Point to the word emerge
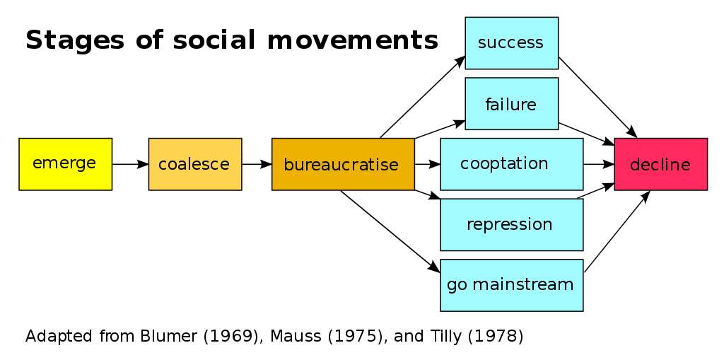pos(64,163)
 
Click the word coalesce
pos(194,165)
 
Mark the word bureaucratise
pos(341,165)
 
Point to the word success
pos(510,42)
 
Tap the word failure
pos(510,105)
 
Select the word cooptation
pos(504,164)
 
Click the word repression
pos(509,224)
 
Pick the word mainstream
pos(522,284)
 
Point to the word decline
pos(660,165)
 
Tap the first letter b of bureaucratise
pos(288,164)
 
